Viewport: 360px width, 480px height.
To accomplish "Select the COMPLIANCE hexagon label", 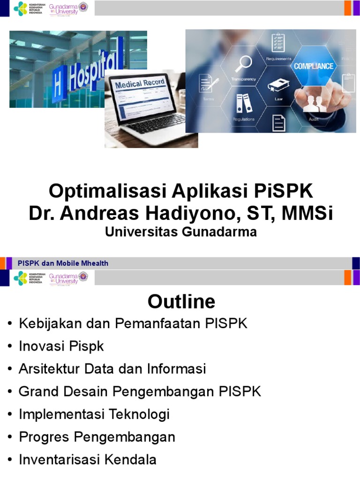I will (x=314, y=66).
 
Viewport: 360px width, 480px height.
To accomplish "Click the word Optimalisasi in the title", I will (x=108, y=191).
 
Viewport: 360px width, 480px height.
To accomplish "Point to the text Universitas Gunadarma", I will (x=181, y=232).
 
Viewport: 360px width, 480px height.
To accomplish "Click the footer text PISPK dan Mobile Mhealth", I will (x=63, y=263).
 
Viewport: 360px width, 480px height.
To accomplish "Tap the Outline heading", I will (x=181, y=301).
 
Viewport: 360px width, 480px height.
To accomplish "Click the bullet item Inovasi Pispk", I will (x=61, y=346).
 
